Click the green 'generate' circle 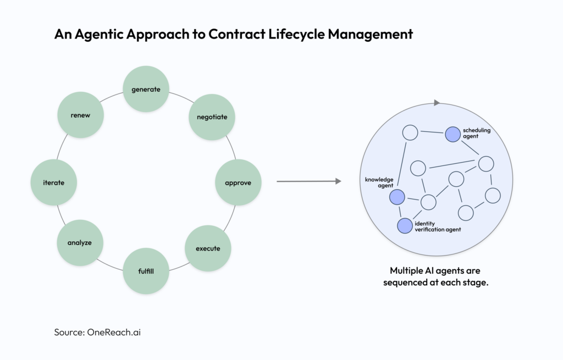(x=146, y=89)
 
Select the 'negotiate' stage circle (x=211, y=117)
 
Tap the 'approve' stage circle (x=238, y=182)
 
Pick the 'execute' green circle (x=208, y=248)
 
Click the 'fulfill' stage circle (x=146, y=271)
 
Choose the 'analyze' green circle (x=80, y=242)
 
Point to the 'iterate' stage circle (x=54, y=182)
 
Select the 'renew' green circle (x=80, y=115)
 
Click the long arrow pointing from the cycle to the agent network (x=308, y=181)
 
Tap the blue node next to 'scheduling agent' (x=452, y=133)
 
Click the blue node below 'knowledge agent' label (x=397, y=196)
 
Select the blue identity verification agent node (x=405, y=225)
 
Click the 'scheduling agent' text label (x=476, y=133)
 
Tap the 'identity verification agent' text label (x=438, y=226)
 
